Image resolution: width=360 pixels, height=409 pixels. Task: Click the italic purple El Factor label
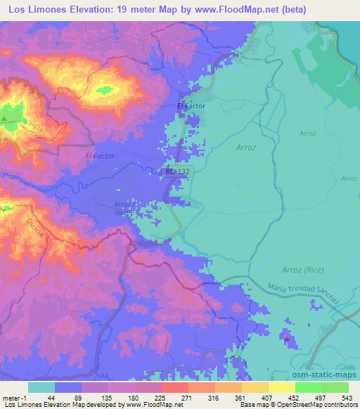pos(98,155)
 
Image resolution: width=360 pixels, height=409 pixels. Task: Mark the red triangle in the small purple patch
pos(287,338)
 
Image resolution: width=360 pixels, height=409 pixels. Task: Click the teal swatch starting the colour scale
pos(41,387)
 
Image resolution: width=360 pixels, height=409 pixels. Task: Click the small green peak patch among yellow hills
pos(105,89)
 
